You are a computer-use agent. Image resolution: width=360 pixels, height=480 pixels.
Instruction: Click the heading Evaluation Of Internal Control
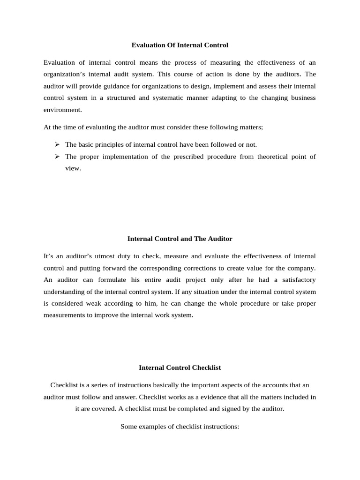[x=180, y=45]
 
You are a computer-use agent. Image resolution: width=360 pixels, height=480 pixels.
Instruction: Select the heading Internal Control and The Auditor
[x=180, y=239]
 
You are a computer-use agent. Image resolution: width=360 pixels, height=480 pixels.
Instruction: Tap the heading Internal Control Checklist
[x=180, y=368]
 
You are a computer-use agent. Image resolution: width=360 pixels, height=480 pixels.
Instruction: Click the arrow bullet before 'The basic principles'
[x=57, y=144]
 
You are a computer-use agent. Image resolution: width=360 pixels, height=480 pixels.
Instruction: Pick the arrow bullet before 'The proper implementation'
[x=57, y=157]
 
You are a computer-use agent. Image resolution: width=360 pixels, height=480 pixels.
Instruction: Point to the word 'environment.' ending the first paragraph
[x=62, y=110]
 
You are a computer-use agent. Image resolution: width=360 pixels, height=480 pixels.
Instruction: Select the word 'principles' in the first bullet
[x=109, y=144]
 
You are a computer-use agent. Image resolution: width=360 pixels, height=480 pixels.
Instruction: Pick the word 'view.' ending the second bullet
[x=73, y=168]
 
